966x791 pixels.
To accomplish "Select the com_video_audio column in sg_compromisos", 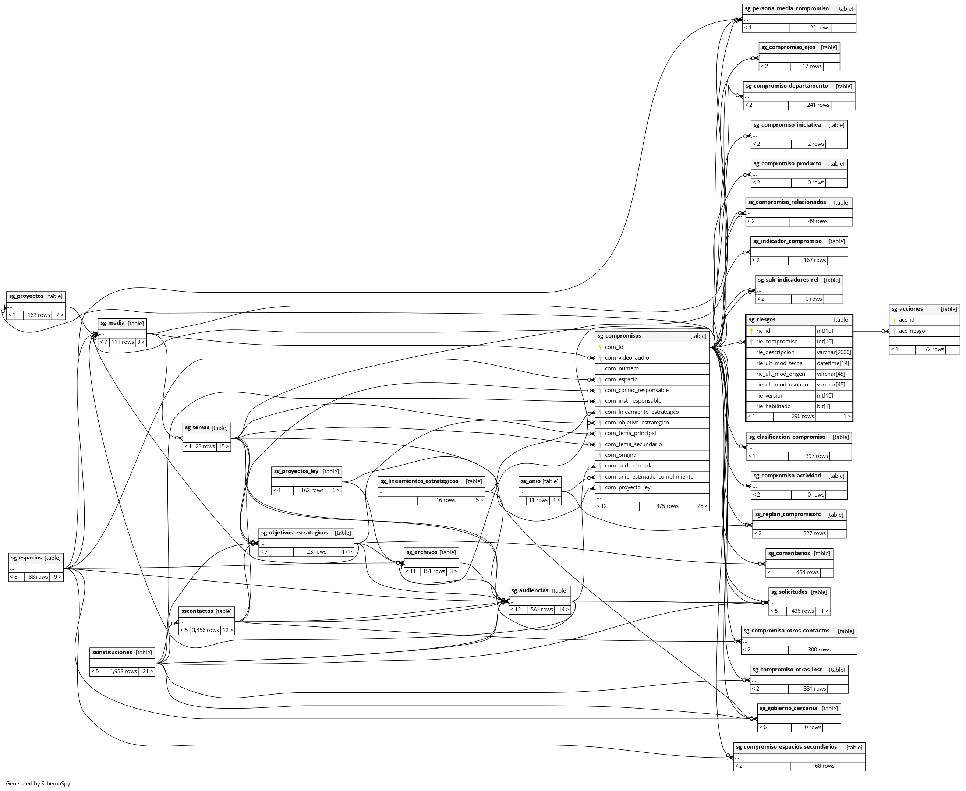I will coord(627,358).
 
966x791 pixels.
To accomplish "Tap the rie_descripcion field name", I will coord(775,352).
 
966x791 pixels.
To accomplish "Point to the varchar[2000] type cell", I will coord(834,352).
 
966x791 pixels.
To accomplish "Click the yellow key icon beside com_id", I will coord(600,347).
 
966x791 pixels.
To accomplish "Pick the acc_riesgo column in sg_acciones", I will coord(911,331).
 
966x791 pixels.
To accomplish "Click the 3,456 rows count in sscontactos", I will coord(205,630).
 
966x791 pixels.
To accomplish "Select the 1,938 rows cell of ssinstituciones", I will coord(123,671).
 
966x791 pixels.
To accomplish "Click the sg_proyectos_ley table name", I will coord(296,471).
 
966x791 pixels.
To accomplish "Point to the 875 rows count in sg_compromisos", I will coord(667,506).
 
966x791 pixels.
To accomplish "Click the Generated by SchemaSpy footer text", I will coord(38,784).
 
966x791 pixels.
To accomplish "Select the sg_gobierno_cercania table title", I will coord(788,708).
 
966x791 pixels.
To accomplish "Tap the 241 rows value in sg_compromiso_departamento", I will coord(818,105).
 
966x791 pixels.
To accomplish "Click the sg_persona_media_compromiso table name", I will coord(786,9).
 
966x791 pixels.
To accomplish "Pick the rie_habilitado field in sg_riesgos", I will coord(773,406).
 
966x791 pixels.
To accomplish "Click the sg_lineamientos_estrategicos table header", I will coord(419,481).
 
